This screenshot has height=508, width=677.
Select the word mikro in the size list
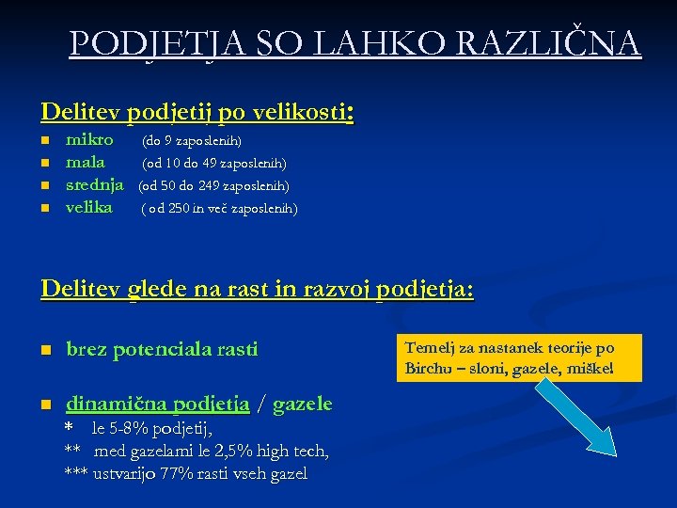[89, 140]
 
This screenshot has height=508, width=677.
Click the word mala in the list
[85, 163]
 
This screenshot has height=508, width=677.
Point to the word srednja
[94, 185]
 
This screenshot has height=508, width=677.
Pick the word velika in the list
[88, 207]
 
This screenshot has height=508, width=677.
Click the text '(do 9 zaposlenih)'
[192, 141]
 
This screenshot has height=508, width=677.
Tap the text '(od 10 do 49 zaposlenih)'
[214, 164]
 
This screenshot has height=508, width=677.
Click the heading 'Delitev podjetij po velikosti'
[196, 112]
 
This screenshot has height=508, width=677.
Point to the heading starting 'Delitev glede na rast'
[258, 287]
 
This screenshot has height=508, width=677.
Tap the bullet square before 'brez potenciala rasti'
[46, 351]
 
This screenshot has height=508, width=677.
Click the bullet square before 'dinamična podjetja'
[46, 405]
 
